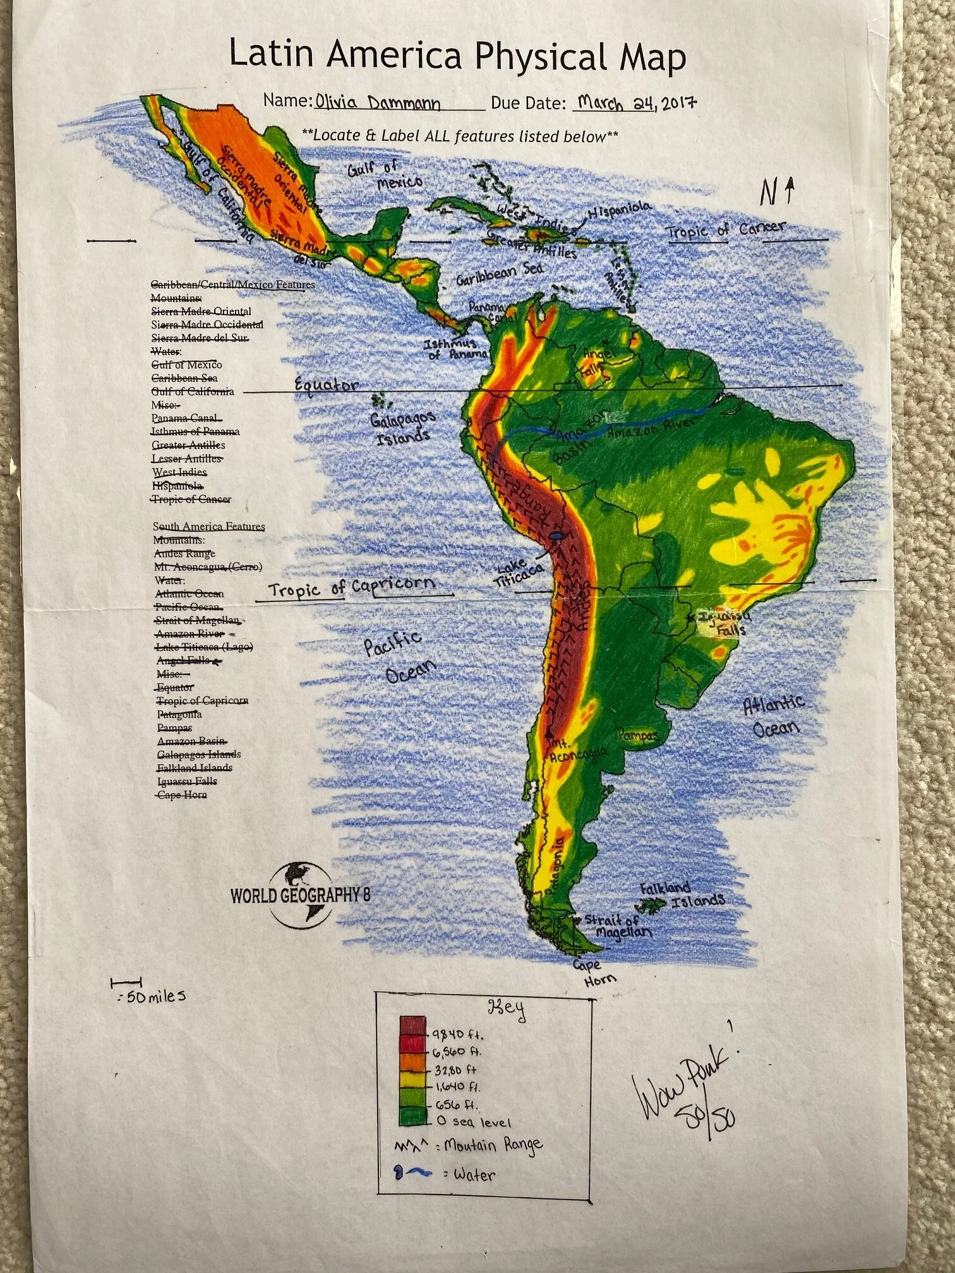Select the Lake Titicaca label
click(519, 574)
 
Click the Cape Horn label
click(593, 972)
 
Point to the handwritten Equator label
click(327, 385)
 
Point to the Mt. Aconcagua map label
click(576, 751)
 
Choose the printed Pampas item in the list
click(174, 727)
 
